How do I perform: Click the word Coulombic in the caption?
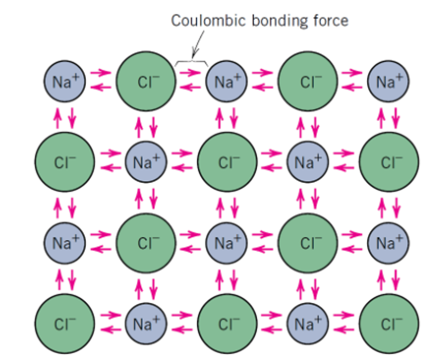coord(208,21)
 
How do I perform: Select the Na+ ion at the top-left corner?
coord(65,81)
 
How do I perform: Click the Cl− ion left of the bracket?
coord(146,81)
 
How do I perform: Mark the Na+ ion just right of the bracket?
coord(227,81)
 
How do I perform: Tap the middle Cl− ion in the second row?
coord(227,162)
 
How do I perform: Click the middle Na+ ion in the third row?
coord(227,243)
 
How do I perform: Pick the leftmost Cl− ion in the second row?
coord(65,162)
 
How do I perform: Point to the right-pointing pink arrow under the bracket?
coord(190,73)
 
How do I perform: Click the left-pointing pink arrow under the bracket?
coord(190,88)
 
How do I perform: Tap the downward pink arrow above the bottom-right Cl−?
coord(396,280)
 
